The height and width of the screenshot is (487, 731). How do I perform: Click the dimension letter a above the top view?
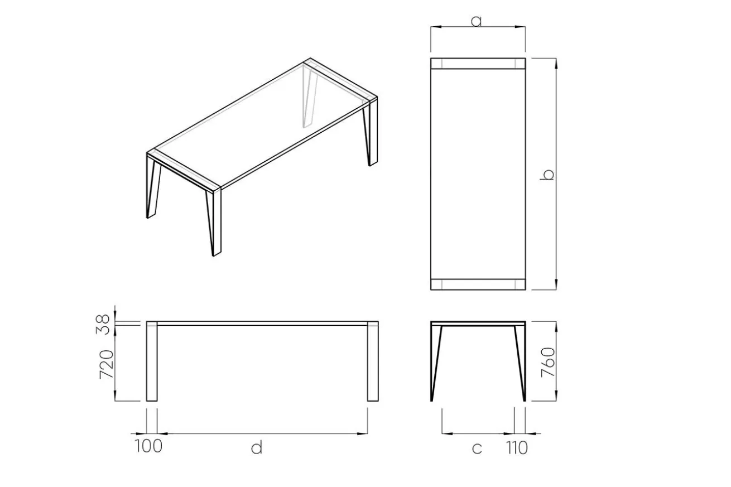tap(476, 21)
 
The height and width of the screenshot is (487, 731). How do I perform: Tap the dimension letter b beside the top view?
tap(547, 175)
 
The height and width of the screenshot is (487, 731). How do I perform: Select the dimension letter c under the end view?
tap(477, 449)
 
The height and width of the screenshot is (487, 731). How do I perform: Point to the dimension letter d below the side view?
tap(257, 447)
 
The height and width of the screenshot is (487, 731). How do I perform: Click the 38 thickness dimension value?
tap(103, 324)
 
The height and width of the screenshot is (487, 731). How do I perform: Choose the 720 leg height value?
tap(107, 364)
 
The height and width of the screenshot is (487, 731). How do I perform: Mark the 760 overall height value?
tap(548, 363)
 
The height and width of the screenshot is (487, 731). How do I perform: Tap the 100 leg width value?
tap(148, 446)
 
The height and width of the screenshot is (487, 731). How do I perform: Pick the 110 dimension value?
tap(517, 448)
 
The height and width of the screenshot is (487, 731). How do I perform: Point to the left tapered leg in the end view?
tap(436, 363)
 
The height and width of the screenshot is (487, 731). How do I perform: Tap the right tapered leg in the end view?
tap(521, 363)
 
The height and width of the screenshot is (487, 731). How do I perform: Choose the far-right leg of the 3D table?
tap(371, 132)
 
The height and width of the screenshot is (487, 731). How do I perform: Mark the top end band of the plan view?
tap(478, 64)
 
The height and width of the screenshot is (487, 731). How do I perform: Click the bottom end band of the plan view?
tap(478, 285)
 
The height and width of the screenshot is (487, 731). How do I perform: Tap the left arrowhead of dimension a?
tap(436, 27)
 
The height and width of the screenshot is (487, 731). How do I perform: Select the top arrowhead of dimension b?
tap(556, 64)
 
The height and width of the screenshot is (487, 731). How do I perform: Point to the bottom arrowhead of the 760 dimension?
tap(556, 396)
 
